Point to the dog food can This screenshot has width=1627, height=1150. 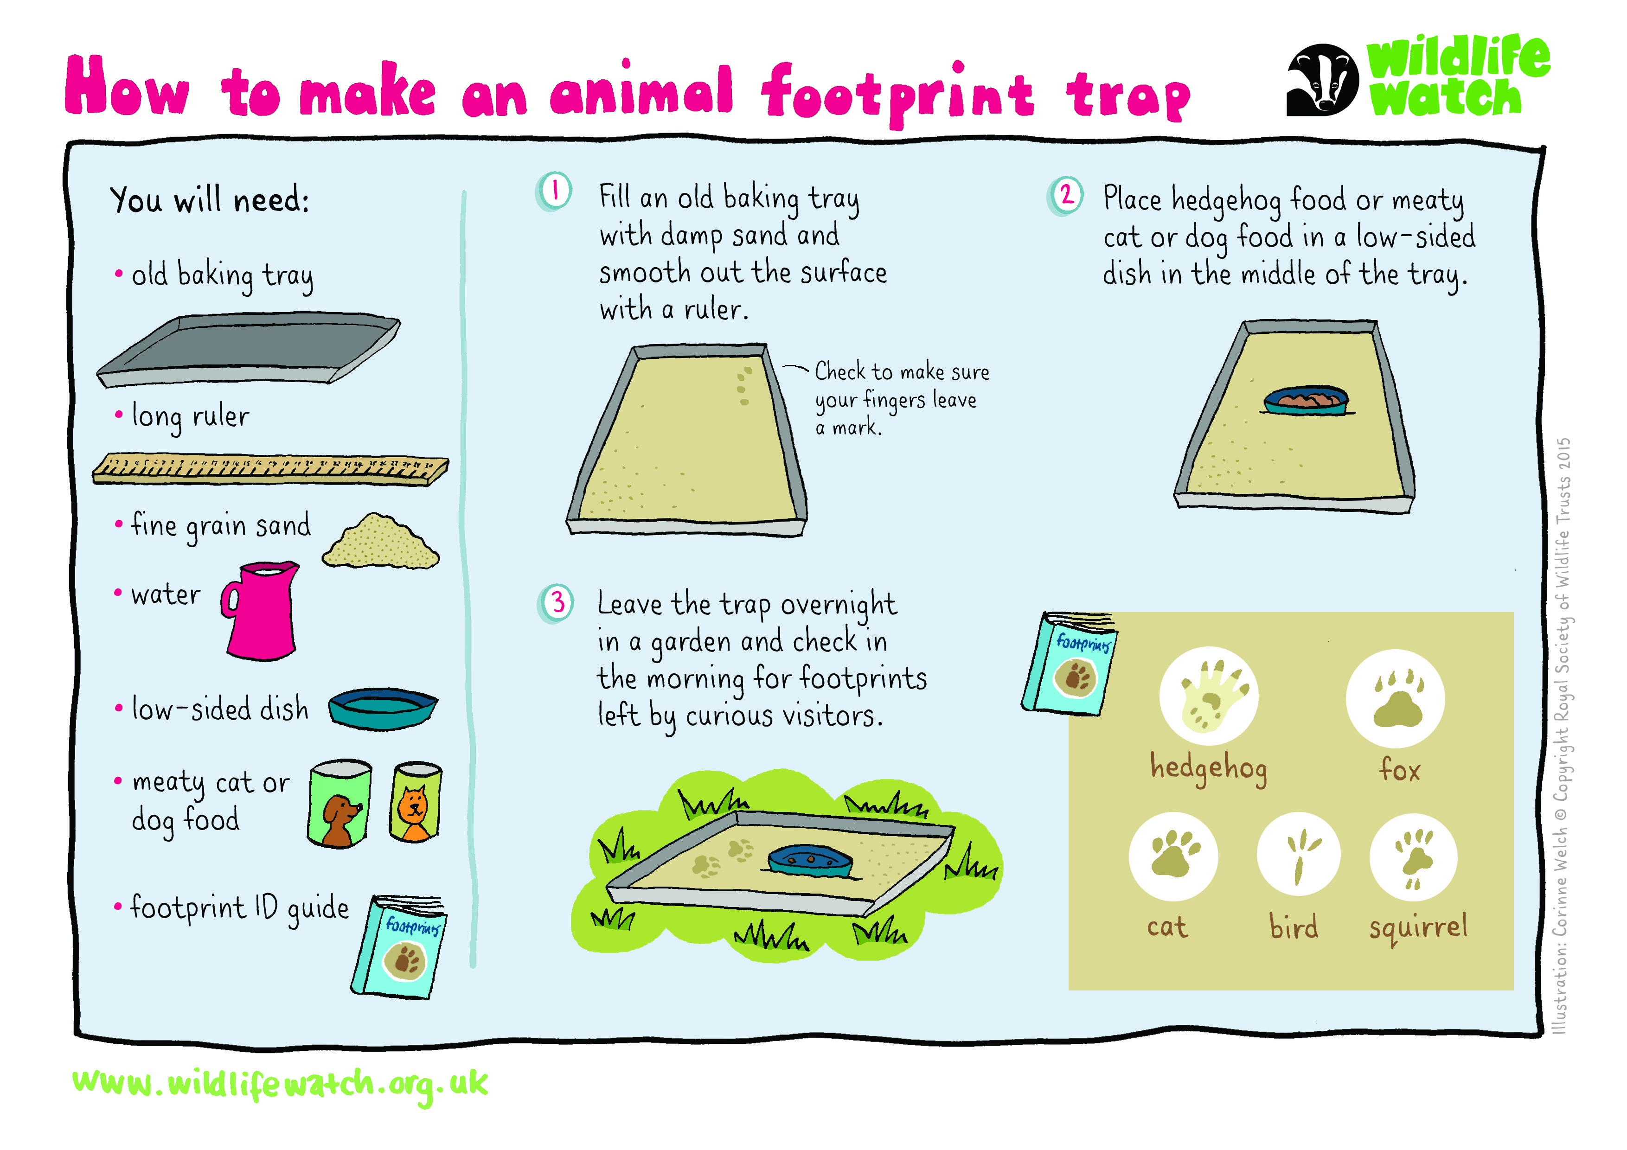pyautogui.click(x=339, y=804)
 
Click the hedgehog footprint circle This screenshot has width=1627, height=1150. pyautogui.click(x=1209, y=696)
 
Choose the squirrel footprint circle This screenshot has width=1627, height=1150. pyautogui.click(x=1414, y=856)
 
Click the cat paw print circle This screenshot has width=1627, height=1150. pyautogui.click(x=1173, y=856)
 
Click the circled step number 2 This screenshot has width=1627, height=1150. pyautogui.click(x=1065, y=196)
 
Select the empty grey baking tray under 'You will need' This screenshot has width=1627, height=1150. pyautogui.click(x=248, y=349)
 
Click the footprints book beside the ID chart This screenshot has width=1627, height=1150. pyautogui.click(x=1070, y=664)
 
